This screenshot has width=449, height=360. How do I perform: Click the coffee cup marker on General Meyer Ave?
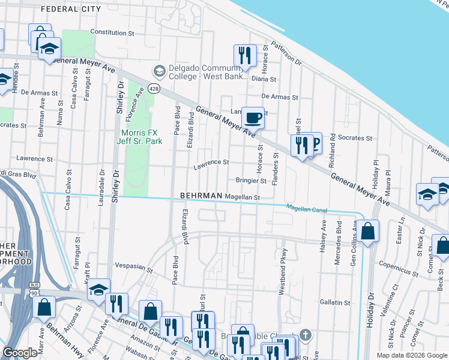point(253,118)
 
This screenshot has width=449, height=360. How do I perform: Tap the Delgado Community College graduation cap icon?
point(160,71)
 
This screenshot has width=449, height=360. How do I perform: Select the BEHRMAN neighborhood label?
point(201,196)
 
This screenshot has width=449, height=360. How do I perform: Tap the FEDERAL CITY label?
point(71,9)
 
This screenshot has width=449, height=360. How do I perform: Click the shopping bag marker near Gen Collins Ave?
point(369,231)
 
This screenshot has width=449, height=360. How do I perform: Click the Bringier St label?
point(251,180)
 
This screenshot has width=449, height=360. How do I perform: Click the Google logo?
point(20,353)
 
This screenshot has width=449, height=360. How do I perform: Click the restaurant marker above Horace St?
point(245,56)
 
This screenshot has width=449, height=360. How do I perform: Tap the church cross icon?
point(305,334)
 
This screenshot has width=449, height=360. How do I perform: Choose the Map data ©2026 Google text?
point(412,355)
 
